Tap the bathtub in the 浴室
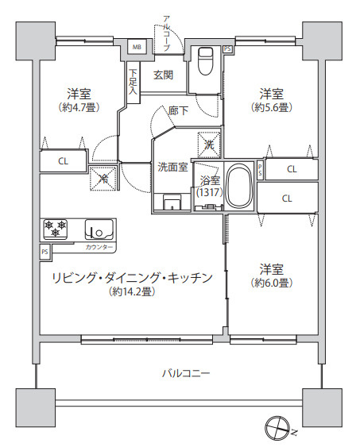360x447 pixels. [x=238, y=187]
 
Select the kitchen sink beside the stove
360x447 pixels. [x=99, y=229]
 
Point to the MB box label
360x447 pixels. [x=136, y=47]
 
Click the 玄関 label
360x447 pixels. [x=164, y=75]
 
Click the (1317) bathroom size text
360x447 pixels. [x=209, y=193]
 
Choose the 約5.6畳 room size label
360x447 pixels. [x=270, y=106]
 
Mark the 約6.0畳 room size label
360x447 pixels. [x=271, y=282]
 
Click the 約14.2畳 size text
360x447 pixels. [x=132, y=291]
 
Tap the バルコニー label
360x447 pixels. [x=186, y=372]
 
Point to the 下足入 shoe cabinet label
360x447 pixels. [x=133, y=83]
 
